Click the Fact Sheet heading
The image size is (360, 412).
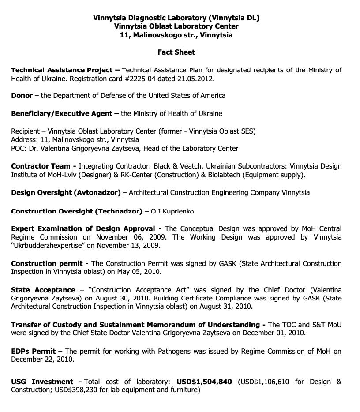[x=176, y=52]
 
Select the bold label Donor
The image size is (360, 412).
[x=22, y=95]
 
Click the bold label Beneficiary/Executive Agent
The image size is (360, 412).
[x=62, y=113]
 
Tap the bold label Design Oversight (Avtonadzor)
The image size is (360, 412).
[x=66, y=192]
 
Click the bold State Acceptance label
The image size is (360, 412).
[x=43, y=290]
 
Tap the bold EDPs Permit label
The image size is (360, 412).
[x=33, y=352]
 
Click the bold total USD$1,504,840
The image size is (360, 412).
[x=204, y=382]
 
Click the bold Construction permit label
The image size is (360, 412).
[x=49, y=264]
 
